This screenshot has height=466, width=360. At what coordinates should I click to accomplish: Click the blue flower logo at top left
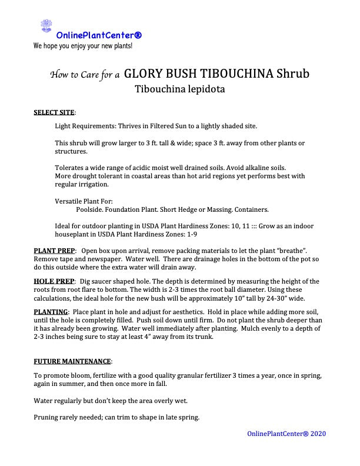click(46, 25)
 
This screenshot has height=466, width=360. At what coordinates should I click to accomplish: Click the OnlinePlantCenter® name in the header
click(99, 35)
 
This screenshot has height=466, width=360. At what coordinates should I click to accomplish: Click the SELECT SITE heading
click(54, 112)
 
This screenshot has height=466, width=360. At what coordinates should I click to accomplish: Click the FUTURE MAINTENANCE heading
click(72, 361)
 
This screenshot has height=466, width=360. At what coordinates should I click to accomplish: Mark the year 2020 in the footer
click(318, 434)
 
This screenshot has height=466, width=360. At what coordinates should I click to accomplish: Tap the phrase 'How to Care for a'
click(85, 75)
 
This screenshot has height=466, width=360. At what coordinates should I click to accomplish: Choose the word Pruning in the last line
click(46, 418)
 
